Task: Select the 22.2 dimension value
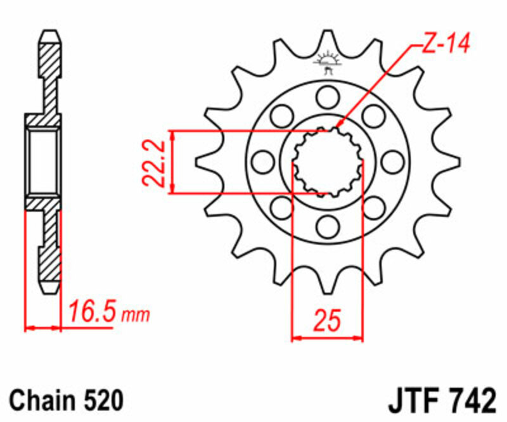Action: click(x=155, y=163)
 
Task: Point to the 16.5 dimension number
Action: click(x=92, y=313)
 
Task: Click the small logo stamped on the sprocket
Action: click(x=328, y=62)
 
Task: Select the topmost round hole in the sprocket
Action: click(x=328, y=97)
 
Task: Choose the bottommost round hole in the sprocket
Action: click(x=328, y=226)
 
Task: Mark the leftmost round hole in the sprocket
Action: click(x=262, y=162)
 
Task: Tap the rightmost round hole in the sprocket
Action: click(x=393, y=162)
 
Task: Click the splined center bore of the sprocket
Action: click(x=328, y=162)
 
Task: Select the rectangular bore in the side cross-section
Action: click(x=44, y=162)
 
